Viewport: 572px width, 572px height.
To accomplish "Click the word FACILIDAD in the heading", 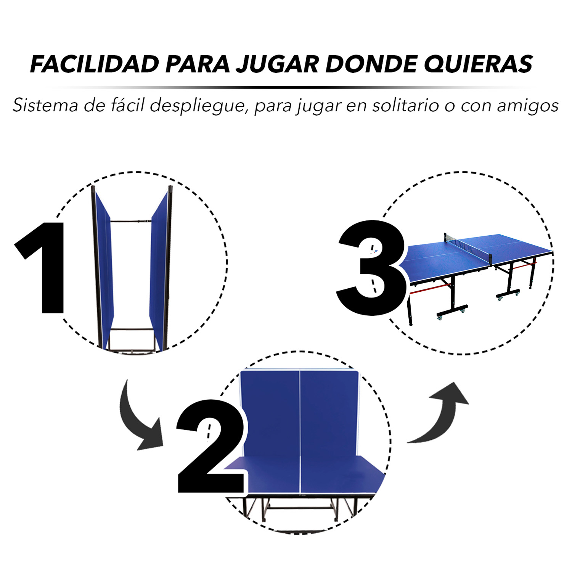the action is coord(95,64).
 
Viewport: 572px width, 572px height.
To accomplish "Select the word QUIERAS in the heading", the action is coord(478,64).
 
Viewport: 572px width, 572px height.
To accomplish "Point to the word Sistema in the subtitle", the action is coord(45,105).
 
